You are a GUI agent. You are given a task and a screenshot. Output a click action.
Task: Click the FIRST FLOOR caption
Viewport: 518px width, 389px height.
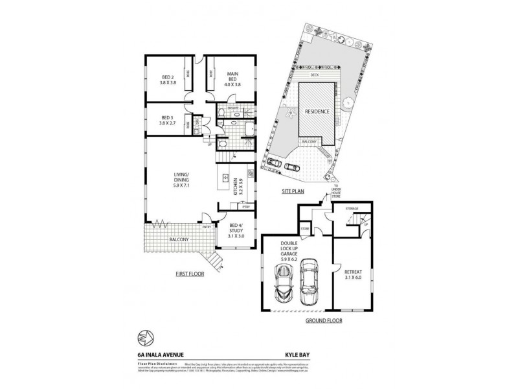tap(190, 274)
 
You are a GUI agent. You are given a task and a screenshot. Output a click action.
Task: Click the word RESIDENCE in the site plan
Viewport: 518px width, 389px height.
tap(318, 112)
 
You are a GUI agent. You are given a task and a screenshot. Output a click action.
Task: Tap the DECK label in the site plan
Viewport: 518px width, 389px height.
tap(315, 75)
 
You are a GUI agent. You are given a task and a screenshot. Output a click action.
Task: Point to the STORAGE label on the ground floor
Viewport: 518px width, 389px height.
tap(352, 209)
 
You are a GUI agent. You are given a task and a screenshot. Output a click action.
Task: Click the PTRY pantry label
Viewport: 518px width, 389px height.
tap(245, 207)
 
